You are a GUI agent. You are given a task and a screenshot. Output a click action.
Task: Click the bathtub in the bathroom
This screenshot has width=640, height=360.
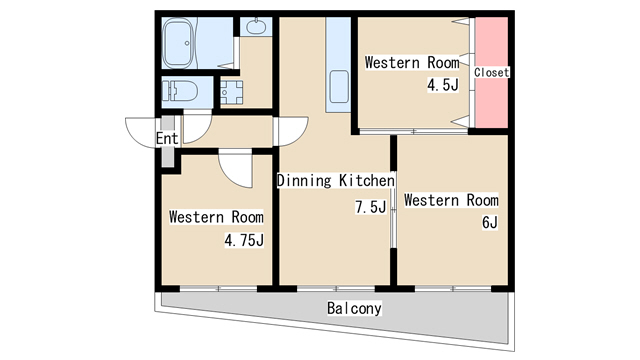178,43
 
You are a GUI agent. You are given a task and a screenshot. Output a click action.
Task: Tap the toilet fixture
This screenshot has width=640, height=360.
180,91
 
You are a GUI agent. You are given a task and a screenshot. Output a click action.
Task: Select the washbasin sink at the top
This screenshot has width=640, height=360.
256,26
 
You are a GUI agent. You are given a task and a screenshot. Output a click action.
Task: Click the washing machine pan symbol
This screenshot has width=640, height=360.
231,92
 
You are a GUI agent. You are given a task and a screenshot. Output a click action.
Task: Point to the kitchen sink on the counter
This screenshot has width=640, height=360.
339,87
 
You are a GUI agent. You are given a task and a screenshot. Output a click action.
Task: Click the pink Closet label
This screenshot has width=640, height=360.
491,73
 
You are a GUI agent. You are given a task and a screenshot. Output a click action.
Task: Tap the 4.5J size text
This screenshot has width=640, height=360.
443,85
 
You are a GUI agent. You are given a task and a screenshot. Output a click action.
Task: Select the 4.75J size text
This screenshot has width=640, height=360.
244,240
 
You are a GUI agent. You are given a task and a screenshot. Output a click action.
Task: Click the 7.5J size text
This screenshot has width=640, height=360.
371,207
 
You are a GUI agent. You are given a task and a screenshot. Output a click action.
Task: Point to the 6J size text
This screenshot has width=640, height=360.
490,223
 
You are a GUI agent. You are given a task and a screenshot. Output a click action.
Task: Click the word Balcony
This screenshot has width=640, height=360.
354,308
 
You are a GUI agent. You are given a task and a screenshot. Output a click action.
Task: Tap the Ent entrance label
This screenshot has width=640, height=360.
167,138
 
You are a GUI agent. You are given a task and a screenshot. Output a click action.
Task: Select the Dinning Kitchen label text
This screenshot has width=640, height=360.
336,180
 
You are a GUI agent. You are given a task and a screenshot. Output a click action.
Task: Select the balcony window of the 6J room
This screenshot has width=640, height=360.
453,289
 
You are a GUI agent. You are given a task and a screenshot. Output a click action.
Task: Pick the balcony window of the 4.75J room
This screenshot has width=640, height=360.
218,289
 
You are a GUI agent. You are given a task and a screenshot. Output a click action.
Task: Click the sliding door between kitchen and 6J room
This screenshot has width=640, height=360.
393,209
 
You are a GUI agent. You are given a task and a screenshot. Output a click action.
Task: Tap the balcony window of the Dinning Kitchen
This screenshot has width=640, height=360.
336,289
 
